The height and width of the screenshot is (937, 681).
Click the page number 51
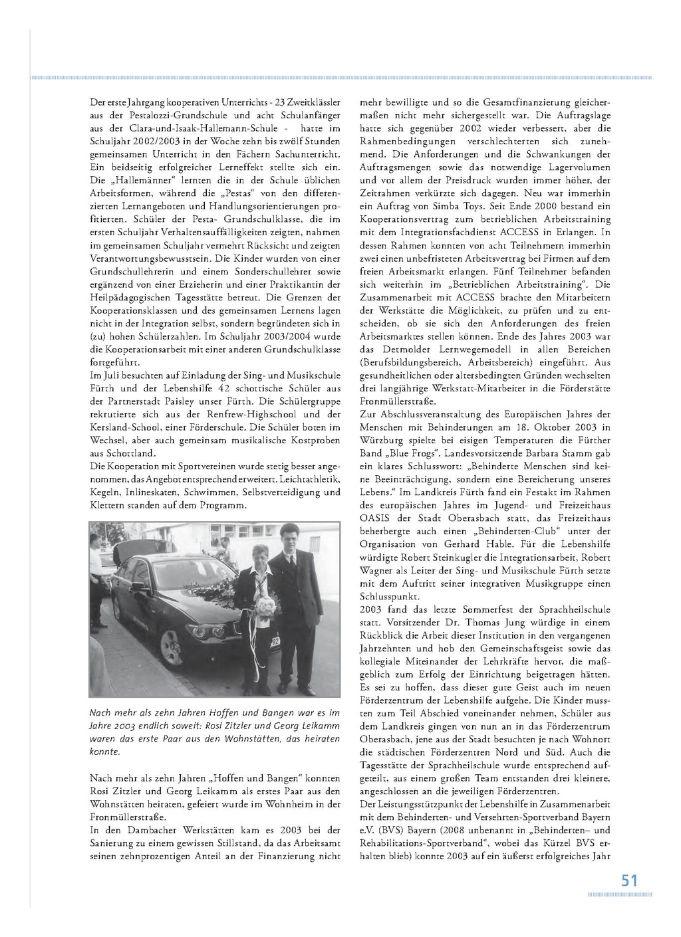coord(629,881)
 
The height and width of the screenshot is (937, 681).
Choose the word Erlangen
coord(577,233)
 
